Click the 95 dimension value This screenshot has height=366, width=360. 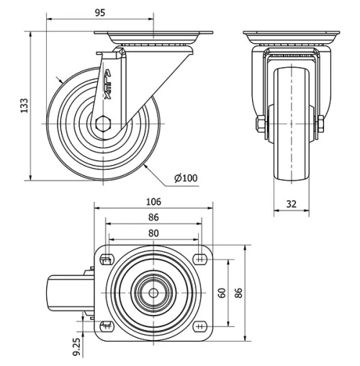100,12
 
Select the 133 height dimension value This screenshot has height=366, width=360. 21,105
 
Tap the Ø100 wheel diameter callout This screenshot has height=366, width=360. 185,177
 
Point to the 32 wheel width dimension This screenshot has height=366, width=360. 292,204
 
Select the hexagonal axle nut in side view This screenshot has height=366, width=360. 104,123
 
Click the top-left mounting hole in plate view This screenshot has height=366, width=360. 106,259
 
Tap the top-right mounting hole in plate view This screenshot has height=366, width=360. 201,259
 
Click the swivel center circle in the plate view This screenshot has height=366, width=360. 153,292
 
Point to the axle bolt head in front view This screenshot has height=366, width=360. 258,125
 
